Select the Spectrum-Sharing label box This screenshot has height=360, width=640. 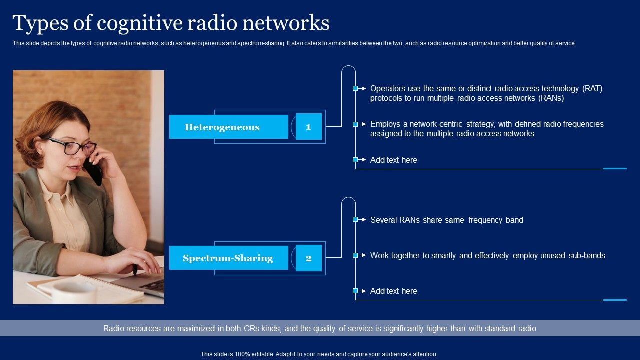[x=228, y=258]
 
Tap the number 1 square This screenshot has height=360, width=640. [x=308, y=127]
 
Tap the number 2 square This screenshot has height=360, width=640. [x=308, y=258]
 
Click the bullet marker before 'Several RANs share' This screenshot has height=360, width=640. [x=355, y=219]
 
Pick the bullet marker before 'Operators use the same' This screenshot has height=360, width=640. [x=355, y=88]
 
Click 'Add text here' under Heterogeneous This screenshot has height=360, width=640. [x=393, y=160]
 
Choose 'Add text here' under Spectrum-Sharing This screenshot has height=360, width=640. [x=393, y=291]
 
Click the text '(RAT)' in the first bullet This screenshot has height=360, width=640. [x=592, y=89]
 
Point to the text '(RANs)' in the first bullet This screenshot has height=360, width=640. [x=551, y=98]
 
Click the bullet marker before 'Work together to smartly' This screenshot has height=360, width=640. [x=355, y=255]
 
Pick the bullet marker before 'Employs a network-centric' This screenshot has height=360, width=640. [x=355, y=124]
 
